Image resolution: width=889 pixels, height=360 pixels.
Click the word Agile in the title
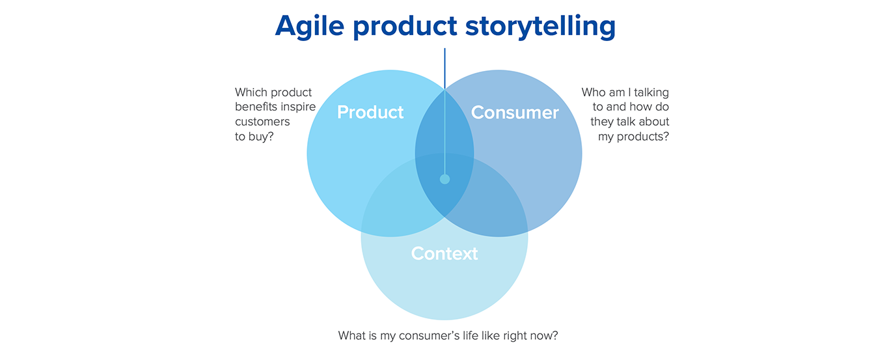click(310, 27)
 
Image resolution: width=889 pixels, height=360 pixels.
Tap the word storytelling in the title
click(540, 27)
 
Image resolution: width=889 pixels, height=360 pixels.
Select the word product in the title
click(405, 27)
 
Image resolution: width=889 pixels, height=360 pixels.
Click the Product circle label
click(370, 113)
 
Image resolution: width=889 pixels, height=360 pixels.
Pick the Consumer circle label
click(515, 113)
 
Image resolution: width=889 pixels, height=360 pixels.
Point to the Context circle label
click(444, 254)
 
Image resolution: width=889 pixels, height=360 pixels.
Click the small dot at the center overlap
click(445, 179)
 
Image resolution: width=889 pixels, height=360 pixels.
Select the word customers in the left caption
click(262, 122)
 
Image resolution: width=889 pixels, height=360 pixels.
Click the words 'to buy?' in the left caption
click(254, 137)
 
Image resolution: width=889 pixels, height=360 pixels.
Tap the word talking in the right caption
click(651, 92)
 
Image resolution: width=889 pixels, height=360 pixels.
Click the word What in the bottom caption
click(351, 336)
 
